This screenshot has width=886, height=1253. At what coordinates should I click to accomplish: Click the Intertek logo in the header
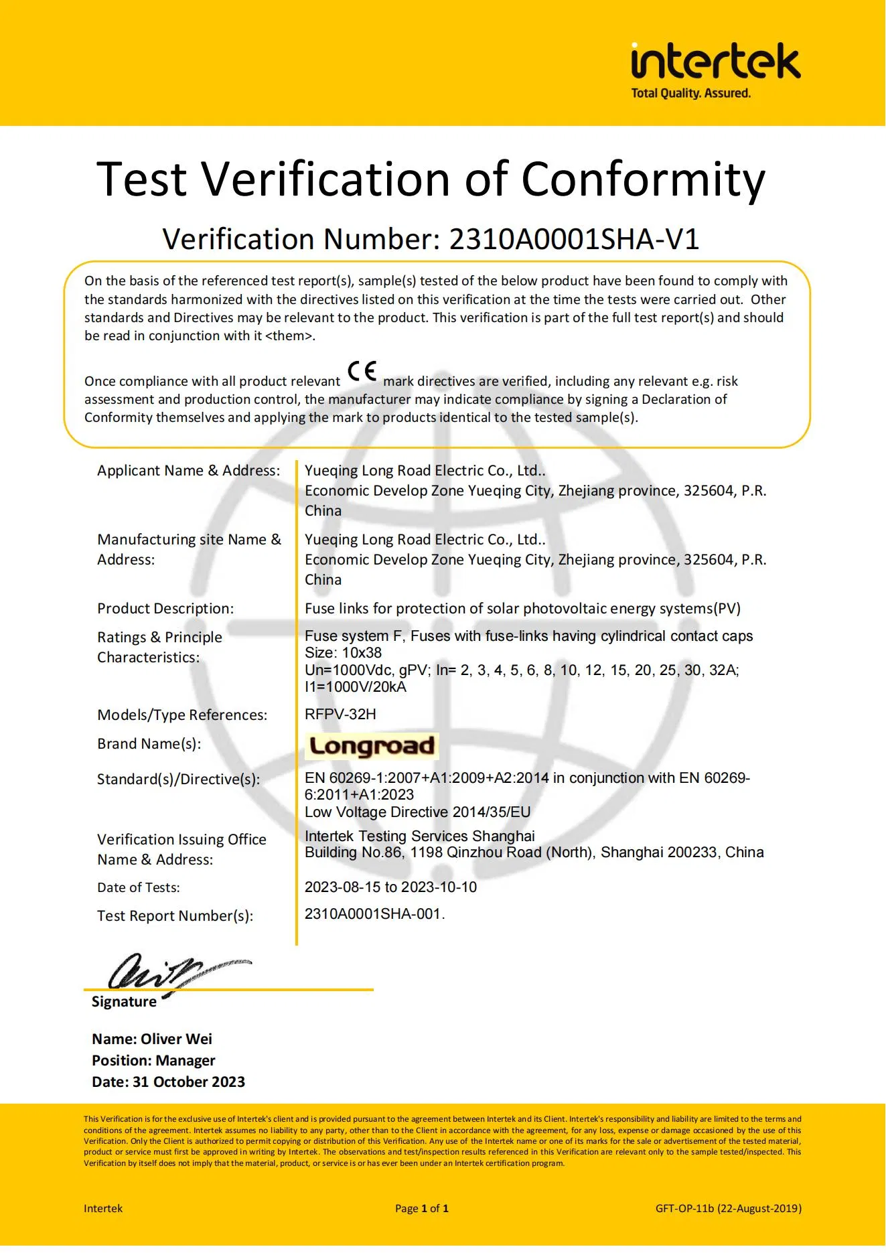(715, 62)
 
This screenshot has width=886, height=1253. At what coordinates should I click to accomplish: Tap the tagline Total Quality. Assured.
(690, 94)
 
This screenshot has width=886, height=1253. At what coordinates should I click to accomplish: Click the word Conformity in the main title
(642, 179)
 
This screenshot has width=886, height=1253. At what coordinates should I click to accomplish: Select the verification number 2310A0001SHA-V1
(574, 239)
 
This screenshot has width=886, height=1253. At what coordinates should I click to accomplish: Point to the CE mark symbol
(362, 371)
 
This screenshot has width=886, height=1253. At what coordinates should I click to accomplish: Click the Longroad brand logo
(372, 746)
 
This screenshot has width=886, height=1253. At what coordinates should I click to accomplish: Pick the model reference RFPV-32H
(340, 715)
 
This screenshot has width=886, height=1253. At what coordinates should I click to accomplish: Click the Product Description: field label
(165, 609)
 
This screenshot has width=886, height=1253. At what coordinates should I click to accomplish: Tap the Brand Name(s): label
(149, 744)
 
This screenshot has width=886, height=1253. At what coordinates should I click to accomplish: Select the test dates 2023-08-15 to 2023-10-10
(390, 887)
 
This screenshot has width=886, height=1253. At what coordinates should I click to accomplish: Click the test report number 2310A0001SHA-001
(373, 914)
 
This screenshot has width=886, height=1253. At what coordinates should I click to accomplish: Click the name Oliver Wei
(177, 1039)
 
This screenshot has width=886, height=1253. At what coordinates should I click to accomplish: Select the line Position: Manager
(153, 1061)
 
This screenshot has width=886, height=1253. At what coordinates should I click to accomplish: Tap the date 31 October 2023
(189, 1082)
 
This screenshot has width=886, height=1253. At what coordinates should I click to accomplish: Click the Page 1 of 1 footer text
(421, 1209)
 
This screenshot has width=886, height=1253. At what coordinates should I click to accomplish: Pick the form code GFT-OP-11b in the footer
(684, 1209)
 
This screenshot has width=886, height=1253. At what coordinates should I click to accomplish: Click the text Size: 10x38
(343, 653)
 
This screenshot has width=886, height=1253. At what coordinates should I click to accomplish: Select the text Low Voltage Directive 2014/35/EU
(417, 812)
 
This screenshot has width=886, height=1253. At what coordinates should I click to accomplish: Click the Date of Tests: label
(139, 888)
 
